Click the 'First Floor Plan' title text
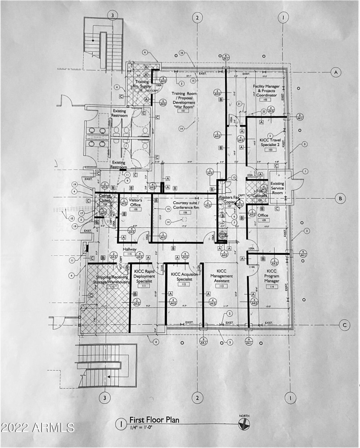154,420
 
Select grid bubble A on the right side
334,72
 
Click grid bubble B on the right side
341,198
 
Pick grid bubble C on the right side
344,325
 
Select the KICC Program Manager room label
272,276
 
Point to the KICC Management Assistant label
221,276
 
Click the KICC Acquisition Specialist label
182,276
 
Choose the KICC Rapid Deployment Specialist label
144,276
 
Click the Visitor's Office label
135,203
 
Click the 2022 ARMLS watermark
38,426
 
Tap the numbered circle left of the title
120,423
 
